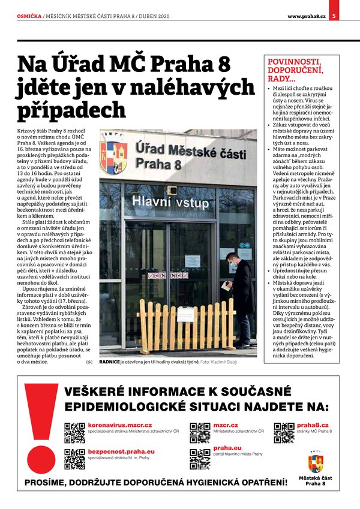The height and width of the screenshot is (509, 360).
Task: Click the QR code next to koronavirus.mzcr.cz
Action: click(x=74, y=432)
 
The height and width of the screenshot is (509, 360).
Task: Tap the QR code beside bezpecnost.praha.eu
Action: click(x=74, y=459)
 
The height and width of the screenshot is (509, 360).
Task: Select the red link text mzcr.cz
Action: click(x=225, y=424)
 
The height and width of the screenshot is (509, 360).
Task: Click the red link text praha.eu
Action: click(x=227, y=447)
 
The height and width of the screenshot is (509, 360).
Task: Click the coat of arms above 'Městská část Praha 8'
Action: click(x=315, y=462)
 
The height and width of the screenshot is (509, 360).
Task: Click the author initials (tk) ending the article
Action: click(x=89, y=362)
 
